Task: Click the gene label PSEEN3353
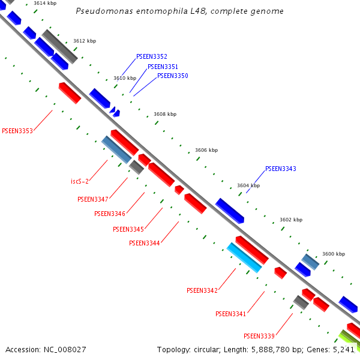pyautogui.click(x=17, y=130)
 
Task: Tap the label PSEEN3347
pyautogui.click(x=93, y=199)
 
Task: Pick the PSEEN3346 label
pyautogui.click(x=110, y=214)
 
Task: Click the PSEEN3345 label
pyautogui.click(x=128, y=229)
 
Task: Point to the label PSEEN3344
pyautogui.click(x=145, y=243)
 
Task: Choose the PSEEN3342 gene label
pyautogui.click(x=202, y=290)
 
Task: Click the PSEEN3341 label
pyautogui.click(x=231, y=314)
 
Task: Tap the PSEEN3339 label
pyautogui.click(x=259, y=336)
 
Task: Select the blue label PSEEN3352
pyautogui.click(x=152, y=56)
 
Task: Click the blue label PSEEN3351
pyautogui.click(x=163, y=67)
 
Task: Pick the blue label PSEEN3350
pyautogui.click(x=173, y=76)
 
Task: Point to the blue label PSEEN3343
pyautogui.click(x=281, y=169)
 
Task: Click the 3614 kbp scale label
pyautogui.click(x=45, y=4)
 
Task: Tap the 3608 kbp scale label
pyautogui.click(x=165, y=114)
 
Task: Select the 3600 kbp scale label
pyautogui.click(x=334, y=254)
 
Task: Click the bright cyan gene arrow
pyautogui.click(x=244, y=257)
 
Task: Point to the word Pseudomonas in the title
pyautogui.click(x=101, y=11)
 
